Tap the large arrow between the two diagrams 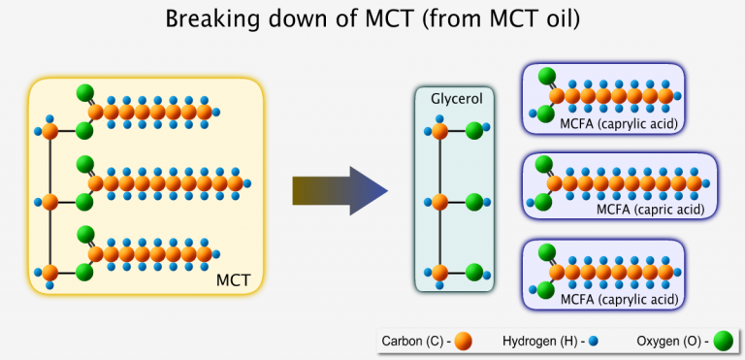(340, 190)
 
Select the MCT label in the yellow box (235, 280)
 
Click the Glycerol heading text (449, 98)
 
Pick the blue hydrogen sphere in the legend (591, 341)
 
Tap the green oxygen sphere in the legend (722, 341)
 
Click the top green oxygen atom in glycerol (474, 130)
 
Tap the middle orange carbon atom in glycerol (438, 202)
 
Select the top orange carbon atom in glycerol (438, 130)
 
